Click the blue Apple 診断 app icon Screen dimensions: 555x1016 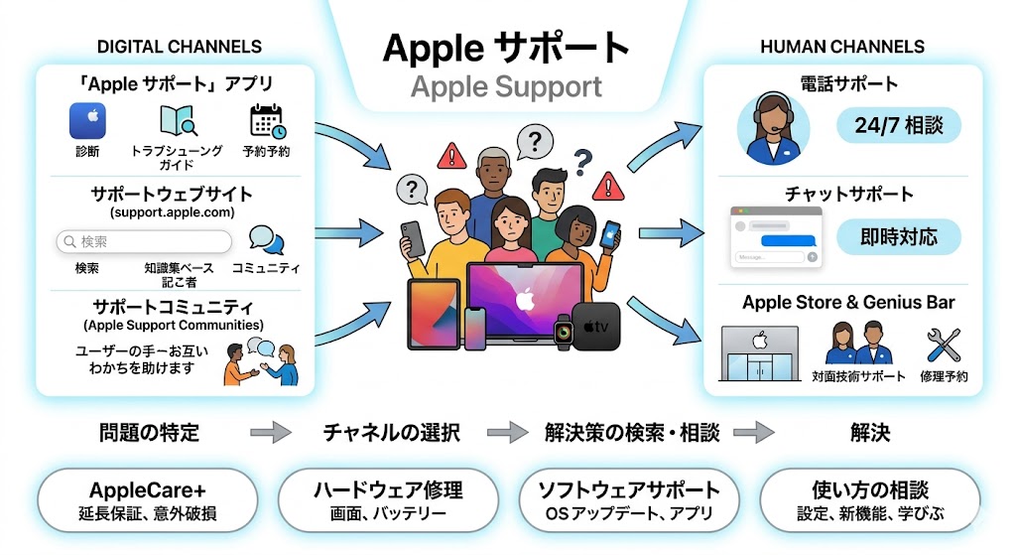(87, 121)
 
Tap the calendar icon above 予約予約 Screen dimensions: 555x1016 (266, 121)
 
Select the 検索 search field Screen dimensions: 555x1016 (144, 241)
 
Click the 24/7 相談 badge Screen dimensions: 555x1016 (899, 126)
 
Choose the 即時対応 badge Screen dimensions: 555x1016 (899, 237)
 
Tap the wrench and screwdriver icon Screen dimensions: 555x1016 (944, 346)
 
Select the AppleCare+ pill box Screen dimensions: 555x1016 (147, 500)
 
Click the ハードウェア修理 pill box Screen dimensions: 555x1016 (388, 500)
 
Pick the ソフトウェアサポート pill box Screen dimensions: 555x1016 (629, 500)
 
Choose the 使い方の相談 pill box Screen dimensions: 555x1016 (870, 500)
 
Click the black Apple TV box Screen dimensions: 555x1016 (595, 326)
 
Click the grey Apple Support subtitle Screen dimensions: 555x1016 (506, 86)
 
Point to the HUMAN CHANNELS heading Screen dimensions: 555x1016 (842, 47)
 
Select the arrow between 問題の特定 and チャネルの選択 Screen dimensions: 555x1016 (270, 432)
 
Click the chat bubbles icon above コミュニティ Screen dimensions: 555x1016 (265, 239)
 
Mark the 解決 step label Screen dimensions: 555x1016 (870, 432)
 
